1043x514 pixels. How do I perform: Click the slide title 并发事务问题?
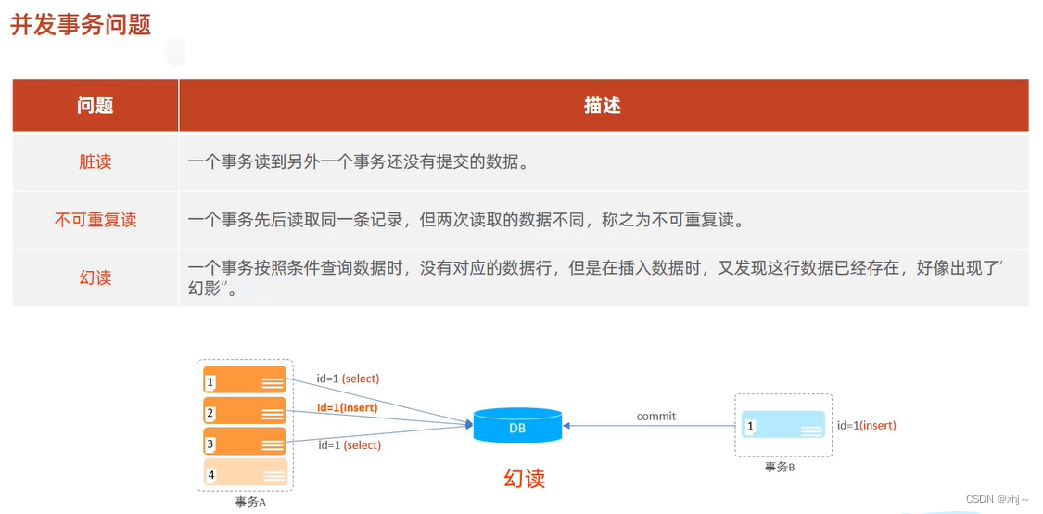(x=81, y=25)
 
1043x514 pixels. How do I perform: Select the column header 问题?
(x=95, y=106)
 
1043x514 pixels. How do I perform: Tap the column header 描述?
(x=603, y=106)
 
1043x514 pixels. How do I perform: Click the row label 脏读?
(x=95, y=161)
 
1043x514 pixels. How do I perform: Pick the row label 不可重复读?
(x=95, y=220)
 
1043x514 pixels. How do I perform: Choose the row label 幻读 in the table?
(x=95, y=276)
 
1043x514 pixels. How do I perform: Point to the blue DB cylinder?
(x=516, y=426)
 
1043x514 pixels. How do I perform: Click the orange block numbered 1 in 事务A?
(x=245, y=381)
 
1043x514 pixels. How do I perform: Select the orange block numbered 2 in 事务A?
(x=245, y=413)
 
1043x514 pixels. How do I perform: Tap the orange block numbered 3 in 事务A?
(x=245, y=443)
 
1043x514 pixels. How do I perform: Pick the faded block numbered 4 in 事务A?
(x=245, y=474)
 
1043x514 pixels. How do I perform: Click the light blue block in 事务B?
(x=782, y=426)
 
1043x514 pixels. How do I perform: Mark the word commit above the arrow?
(x=656, y=416)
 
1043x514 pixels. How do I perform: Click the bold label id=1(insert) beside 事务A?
(x=348, y=407)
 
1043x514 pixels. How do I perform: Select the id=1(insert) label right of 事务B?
(x=866, y=425)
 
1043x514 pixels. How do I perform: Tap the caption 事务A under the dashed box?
(x=250, y=502)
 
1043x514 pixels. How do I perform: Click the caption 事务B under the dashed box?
(x=780, y=467)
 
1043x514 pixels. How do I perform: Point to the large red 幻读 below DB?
(x=525, y=479)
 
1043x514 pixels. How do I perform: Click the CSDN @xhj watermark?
(x=998, y=499)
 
